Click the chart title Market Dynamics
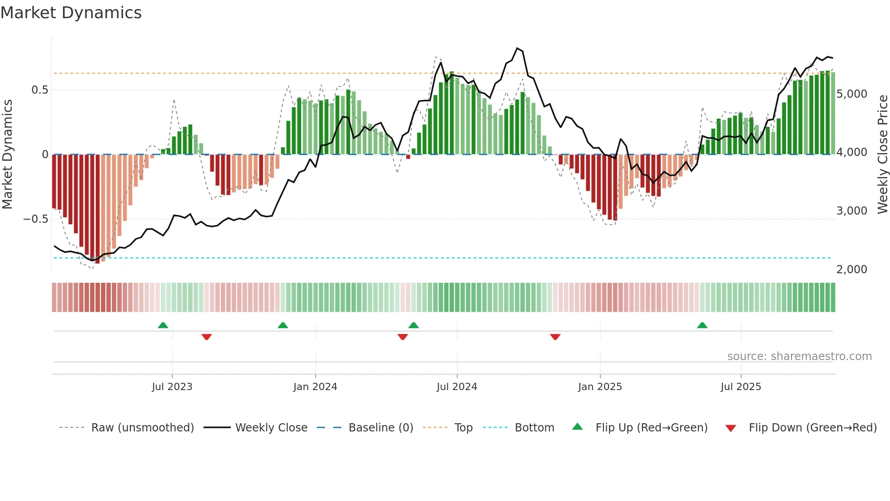pos(71,13)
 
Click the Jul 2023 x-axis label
pos(172,387)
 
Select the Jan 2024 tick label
pos(315,387)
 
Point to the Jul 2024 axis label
pos(457,387)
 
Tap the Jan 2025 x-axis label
pos(600,387)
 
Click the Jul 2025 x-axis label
pos(741,387)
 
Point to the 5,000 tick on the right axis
pos(852,94)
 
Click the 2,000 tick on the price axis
pos(852,270)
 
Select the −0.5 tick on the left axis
pos(36,219)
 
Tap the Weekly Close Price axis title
pos(882,155)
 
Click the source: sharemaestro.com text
pos(799,356)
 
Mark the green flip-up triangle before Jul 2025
pos(702,326)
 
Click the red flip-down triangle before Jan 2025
pos(555,336)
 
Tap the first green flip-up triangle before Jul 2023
pos(163,326)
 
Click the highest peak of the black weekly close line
pos(517,48)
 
